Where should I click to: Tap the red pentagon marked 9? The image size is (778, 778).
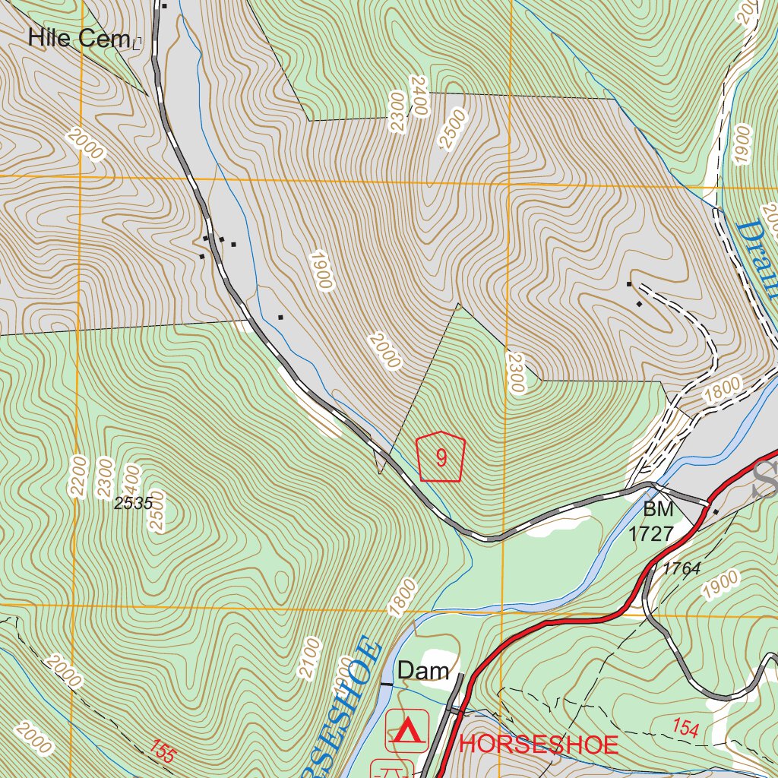click(x=441, y=457)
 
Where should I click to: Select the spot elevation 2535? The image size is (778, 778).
click(x=134, y=503)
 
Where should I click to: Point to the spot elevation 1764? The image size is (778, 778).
click(x=681, y=568)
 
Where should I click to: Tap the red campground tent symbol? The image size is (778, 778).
click(x=408, y=730)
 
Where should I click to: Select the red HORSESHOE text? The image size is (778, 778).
click(x=539, y=745)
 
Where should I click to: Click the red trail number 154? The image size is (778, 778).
click(x=685, y=728)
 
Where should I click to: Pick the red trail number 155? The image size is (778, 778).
click(x=163, y=751)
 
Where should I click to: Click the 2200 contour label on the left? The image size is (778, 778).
click(x=78, y=476)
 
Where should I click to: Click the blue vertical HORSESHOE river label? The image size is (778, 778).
click(x=346, y=706)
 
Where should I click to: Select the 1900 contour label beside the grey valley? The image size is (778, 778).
click(x=321, y=270)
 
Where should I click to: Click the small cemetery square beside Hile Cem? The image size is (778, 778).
click(x=137, y=43)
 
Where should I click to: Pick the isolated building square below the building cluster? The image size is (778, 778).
click(x=280, y=316)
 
